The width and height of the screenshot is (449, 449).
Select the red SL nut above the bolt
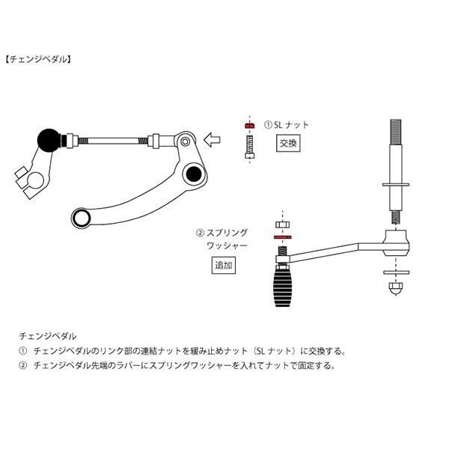pos(249,126)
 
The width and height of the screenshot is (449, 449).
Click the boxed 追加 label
pos(224,266)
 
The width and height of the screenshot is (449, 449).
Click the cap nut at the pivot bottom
pos(396,287)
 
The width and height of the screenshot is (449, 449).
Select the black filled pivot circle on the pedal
pos(195,175)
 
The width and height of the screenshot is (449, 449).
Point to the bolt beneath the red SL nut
pos(249,144)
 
